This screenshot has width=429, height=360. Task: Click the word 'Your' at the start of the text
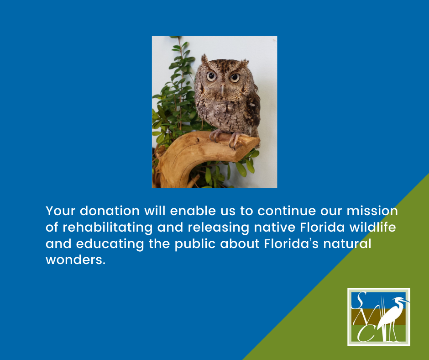click(x=60, y=211)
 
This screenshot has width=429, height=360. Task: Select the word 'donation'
click(x=110, y=211)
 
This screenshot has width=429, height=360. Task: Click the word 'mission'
click(x=372, y=211)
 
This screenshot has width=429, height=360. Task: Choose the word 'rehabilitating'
click(x=108, y=228)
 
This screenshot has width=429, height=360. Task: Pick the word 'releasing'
click(x=203, y=228)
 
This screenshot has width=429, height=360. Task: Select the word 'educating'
click(x=110, y=244)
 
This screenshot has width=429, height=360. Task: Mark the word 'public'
click(x=195, y=244)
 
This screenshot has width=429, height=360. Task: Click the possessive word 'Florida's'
click(x=291, y=244)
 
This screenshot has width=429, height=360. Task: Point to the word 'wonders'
click(x=75, y=260)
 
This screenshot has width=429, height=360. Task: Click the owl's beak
click(x=222, y=90)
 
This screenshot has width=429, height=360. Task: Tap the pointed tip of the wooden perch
click(x=259, y=141)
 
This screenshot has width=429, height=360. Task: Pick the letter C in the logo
click(x=366, y=334)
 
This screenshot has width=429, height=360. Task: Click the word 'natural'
click(x=347, y=244)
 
